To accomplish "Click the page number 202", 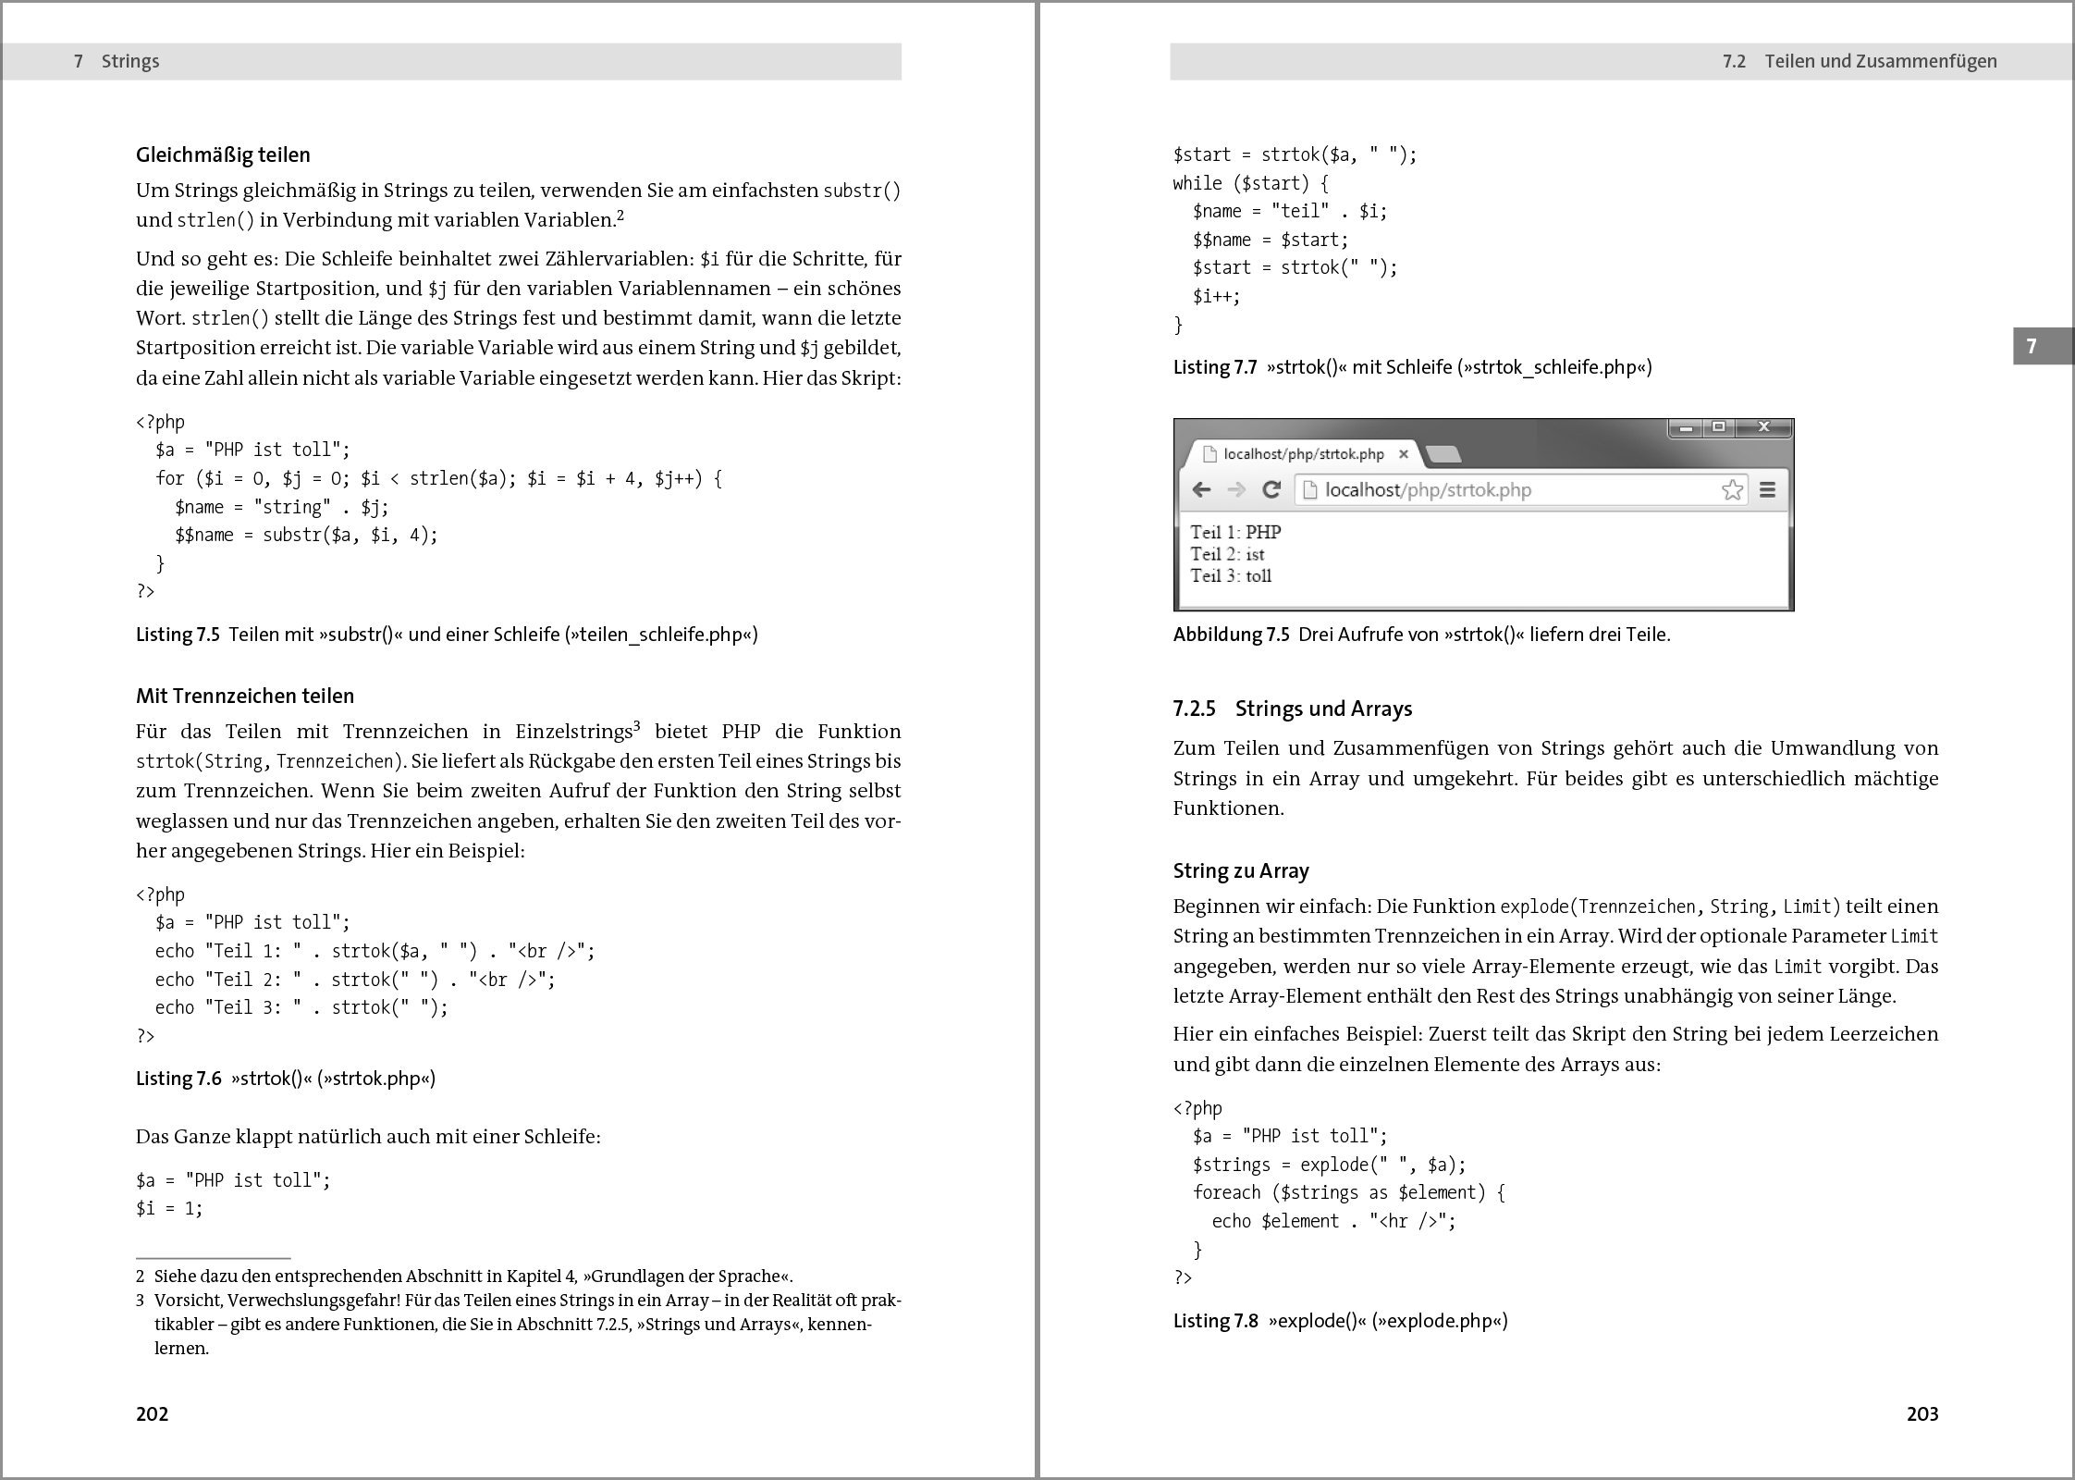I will click(x=152, y=1413).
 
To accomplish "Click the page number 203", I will click(x=1922, y=1413).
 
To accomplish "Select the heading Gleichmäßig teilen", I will click(x=223, y=154).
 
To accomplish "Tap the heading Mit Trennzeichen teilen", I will click(x=245, y=696).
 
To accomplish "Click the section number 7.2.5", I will click(x=1193, y=709).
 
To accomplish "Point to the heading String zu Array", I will click(x=1241, y=870).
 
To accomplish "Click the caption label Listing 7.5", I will click(x=178, y=635).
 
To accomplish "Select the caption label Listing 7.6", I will click(x=178, y=1079).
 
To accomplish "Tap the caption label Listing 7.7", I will click(x=1215, y=367).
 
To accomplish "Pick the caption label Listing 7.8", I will click(x=1216, y=1321).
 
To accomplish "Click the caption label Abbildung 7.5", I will click(x=1231, y=635).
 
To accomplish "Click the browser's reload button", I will click(x=1271, y=489).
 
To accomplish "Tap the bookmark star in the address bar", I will click(x=1732, y=489).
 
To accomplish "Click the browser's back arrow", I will click(x=1201, y=489).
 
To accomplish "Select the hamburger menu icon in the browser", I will click(x=1767, y=489).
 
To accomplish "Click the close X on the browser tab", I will click(x=1404, y=453).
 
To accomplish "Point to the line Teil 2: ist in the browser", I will click(x=1227, y=554).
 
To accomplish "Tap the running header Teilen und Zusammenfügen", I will click(x=1880, y=61).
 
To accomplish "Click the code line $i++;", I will click(x=1216, y=296).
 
